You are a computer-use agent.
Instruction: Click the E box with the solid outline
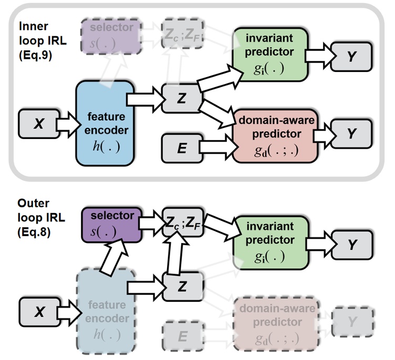[x=182, y=148]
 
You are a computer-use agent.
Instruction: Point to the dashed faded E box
[x=182, y=335]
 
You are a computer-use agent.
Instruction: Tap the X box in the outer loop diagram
[x=38, y=312]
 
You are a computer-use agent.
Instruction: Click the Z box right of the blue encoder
[x=182, y=97]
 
